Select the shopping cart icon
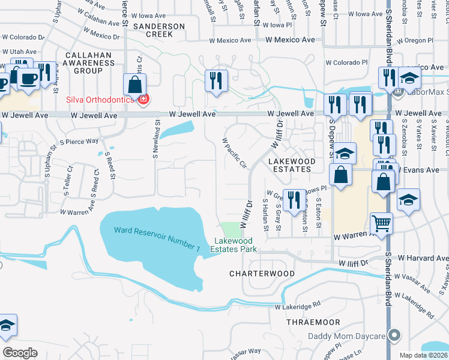(x=381, y=224)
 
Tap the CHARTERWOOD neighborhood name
(x=262, y=274)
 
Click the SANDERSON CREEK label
(x=159, y=30)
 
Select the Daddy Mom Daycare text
(x=346, y=336)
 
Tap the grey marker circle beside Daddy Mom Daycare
(x=394, y=335)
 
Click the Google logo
(x=20, y=353)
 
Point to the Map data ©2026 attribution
(x=423, y=355)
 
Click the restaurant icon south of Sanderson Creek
(x=216, y=80)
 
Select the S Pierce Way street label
(x=79, y=142)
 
